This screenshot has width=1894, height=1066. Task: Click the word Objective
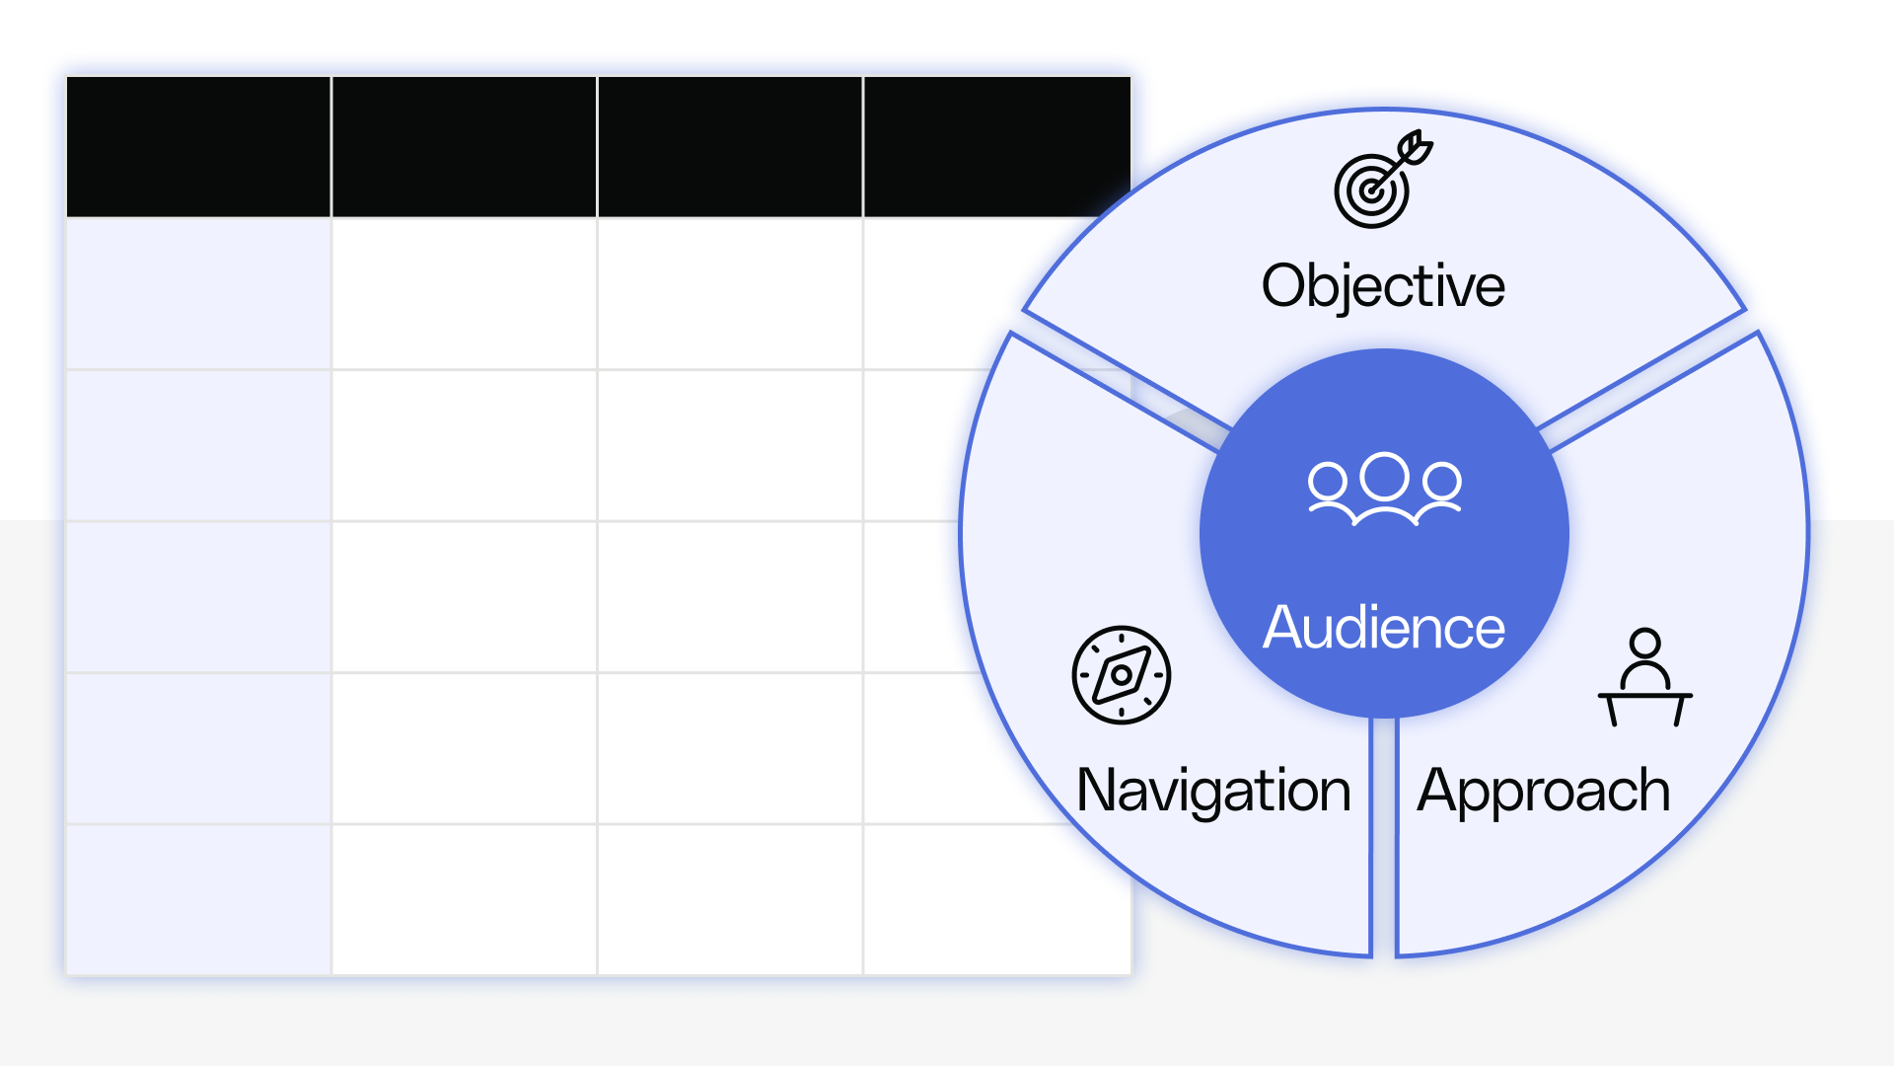pos(1383,286)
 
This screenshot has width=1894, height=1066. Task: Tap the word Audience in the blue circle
pos(1384,627)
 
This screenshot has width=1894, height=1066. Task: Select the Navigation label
pos(1213,791)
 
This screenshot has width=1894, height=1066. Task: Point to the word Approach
pos(1544,791)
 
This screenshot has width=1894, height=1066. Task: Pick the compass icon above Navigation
pos(1122,675)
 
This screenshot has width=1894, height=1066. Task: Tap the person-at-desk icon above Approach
pos(1644,678)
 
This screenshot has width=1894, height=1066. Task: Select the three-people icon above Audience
pos(1385,489)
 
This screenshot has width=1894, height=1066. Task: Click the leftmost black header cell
pos(198,146)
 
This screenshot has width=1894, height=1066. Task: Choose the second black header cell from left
pos(464,146)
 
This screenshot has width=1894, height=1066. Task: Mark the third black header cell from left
pos(730,146)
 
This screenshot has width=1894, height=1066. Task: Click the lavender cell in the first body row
pos(198,293)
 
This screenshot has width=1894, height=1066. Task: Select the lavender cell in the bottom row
pos(198,899)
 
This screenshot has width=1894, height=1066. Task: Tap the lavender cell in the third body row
pos(198,596)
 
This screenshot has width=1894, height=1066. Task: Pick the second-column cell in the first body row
pos(464,293)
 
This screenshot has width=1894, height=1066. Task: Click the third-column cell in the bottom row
pos(730,899)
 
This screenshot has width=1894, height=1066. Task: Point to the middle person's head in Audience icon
pos(1385,476)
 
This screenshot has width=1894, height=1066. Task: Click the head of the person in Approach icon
pos(1644,644)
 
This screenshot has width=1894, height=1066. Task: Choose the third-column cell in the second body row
pos(730,445)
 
